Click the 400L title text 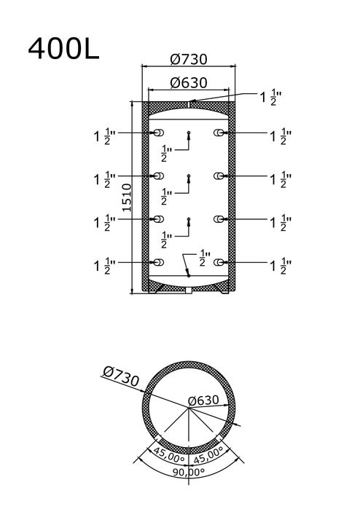click(x=63, y=48)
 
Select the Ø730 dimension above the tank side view click(x=189, y=59)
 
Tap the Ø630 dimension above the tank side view click(x=189, y=83)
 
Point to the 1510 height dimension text click(x=127, y=197)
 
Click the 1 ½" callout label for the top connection click(x=270, y=98)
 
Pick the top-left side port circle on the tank click(x=158, y=133)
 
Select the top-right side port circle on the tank click(x=219, y=133)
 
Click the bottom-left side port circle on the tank click(x=158, y=262)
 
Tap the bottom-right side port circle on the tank click(x=219, y=262)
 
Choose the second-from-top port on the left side click(x=158, y=176)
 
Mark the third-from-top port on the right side click(x=219, y=219)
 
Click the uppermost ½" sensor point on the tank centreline click(x=189, y=133)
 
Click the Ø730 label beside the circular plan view click(x=121, y=376)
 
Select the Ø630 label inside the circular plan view click(x=204, y=401)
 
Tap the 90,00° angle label click(x=189, y=471)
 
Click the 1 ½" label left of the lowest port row click(x=105, y=266)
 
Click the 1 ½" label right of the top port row click(x=281, y=136)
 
